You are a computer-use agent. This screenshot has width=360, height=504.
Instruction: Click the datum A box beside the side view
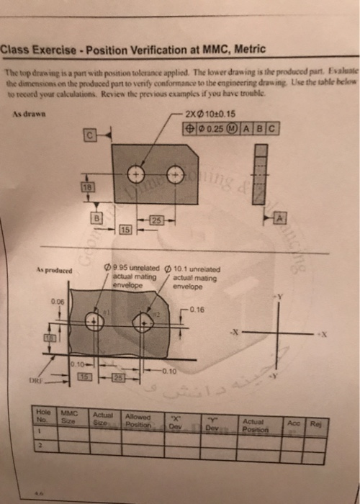(x=280, y=217)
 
